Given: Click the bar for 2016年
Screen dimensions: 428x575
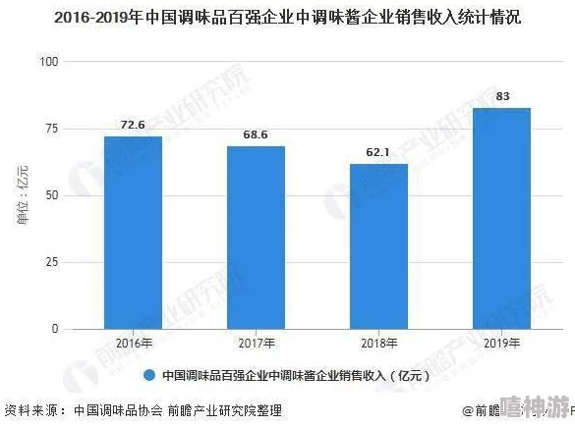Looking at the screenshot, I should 133,233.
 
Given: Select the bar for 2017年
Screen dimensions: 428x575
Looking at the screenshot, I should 256,238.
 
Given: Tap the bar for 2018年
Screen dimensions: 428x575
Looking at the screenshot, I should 378,246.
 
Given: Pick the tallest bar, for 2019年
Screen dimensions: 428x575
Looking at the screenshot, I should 501,218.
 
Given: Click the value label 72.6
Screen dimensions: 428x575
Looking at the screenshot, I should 133,125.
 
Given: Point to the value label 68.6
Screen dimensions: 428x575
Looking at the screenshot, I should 256,134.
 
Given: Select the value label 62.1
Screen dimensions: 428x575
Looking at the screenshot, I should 378,152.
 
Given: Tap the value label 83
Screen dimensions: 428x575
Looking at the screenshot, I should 502,96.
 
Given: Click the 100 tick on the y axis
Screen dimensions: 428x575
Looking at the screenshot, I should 50,62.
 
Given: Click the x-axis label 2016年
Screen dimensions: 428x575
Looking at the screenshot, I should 133,344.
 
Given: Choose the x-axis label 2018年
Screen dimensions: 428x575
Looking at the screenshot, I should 378,344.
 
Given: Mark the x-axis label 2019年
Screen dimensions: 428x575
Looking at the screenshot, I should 501,344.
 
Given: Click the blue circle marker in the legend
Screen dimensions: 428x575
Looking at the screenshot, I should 150,375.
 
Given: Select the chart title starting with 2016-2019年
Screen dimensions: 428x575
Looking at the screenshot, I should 287,18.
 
